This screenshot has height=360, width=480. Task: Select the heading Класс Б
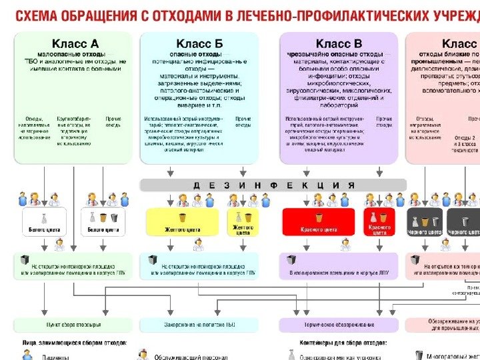[x=201, y=43]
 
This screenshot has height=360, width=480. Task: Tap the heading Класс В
[x=339, y=43]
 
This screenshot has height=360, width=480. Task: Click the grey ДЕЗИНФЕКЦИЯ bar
[x=273, y=185]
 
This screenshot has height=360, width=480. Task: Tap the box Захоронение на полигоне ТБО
[x=199, y=325]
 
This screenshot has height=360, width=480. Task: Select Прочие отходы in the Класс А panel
[x=113, y=122]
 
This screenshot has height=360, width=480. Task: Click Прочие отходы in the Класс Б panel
[x=243, y=122]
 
